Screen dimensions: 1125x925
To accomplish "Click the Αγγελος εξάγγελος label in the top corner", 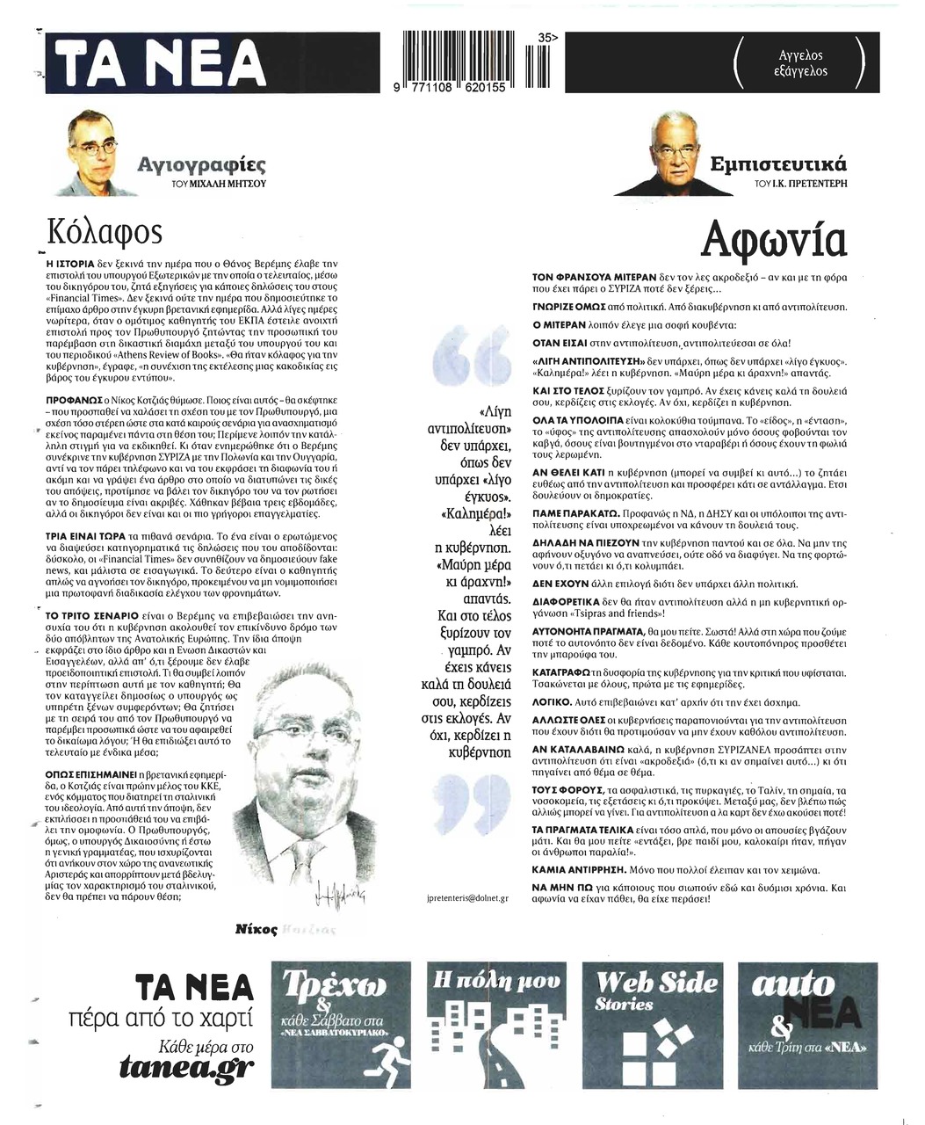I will tap(800, 63).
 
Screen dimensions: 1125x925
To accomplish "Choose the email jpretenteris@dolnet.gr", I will tap(466, 898).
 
